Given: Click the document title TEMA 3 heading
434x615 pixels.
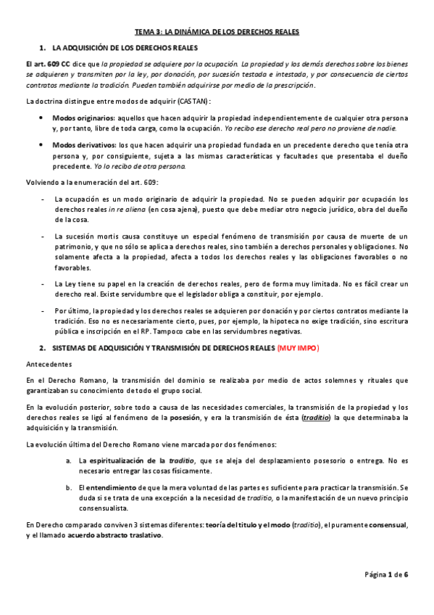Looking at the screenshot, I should pyautogui.click(x=217, y=32).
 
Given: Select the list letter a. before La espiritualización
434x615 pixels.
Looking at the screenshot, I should pyautogui.click(x=68, y=461).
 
